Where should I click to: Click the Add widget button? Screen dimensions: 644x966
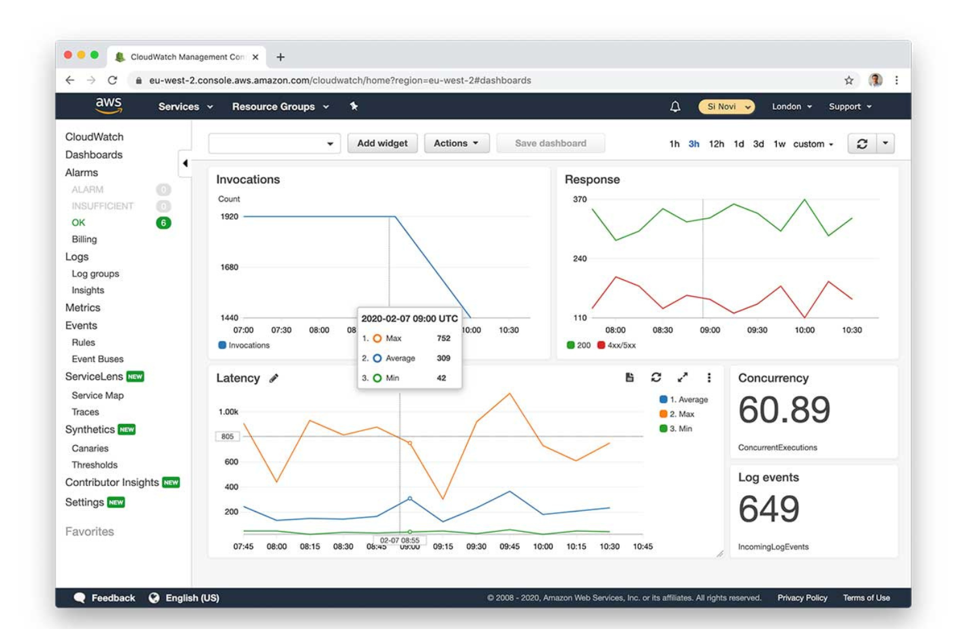pos(382,144)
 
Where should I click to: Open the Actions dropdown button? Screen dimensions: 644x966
pos(456,144)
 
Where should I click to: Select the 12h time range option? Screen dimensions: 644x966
pos(716,144)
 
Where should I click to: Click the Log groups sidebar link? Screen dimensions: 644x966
pos(95,274)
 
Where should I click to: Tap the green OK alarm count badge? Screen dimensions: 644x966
pos(163,223)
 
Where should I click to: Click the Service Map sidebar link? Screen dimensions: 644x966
pos(97,395)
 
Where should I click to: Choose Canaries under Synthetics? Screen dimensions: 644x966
pos(90,448)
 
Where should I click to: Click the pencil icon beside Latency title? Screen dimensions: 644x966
pos(274,378)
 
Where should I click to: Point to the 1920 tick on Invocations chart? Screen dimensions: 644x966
pos(229,217)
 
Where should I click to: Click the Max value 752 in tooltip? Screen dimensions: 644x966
pos(443,339)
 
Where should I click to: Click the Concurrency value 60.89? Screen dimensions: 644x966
pos(784,410)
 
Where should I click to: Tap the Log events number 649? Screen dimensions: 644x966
pos(769,510)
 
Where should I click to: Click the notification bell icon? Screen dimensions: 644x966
pos(675,106)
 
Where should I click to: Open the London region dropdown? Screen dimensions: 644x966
pos(791,106)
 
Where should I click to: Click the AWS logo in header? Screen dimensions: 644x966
pos(108,105)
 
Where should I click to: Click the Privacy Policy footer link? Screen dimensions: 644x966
pos(802,598)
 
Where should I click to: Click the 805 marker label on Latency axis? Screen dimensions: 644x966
pos(227,437)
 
